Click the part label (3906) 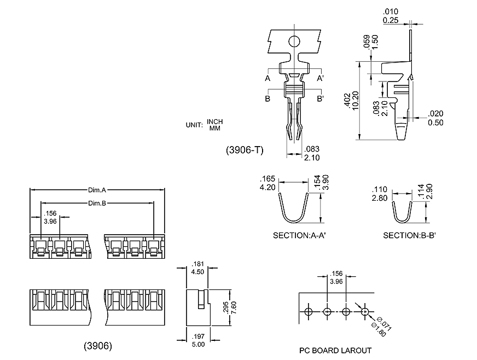(x=98, y=346)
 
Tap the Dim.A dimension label (x=97, y=190)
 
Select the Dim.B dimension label (x=97, y=204)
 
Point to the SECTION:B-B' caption (x=409, y=236)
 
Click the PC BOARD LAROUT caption (x=335, y=351)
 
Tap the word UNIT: (x=195, y=125)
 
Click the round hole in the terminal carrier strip (x=294, y=41)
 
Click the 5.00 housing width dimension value (x=198, y=345)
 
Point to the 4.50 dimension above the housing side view (x=197, y=271)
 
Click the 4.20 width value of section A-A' (x=267, y=187)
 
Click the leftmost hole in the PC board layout (x=309, y=312)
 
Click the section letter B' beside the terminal (x=321, y=99)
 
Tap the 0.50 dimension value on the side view (x=436, y=123)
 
